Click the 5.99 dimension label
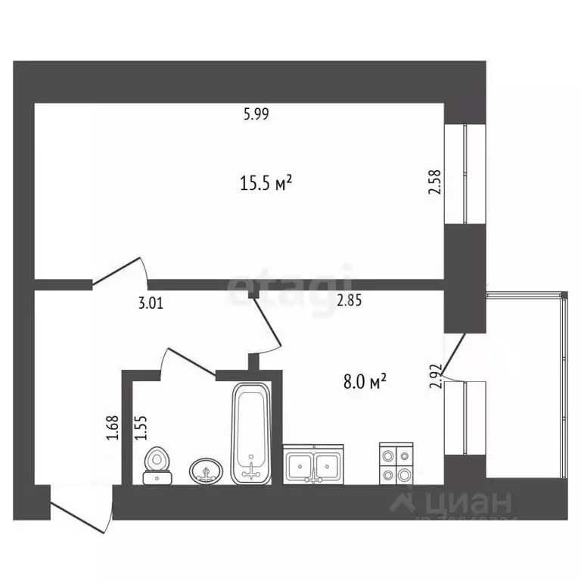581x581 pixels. pyautogui.click(x=256, y=115)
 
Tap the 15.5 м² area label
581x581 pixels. pyautogui.click(x=266, y=183)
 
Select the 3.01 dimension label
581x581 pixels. pyautogui.click(x=150, y=303)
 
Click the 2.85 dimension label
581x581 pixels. pyautogui.click(x=349, y=300)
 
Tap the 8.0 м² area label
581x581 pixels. pyautogui.click(x=365, y=383)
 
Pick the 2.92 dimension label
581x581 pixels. pyautogui.click(x=434, y=375)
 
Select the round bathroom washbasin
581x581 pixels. pyautogui.click(x=206, y=471)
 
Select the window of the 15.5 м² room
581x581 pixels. pyautogui.click(x=464, y=173)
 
